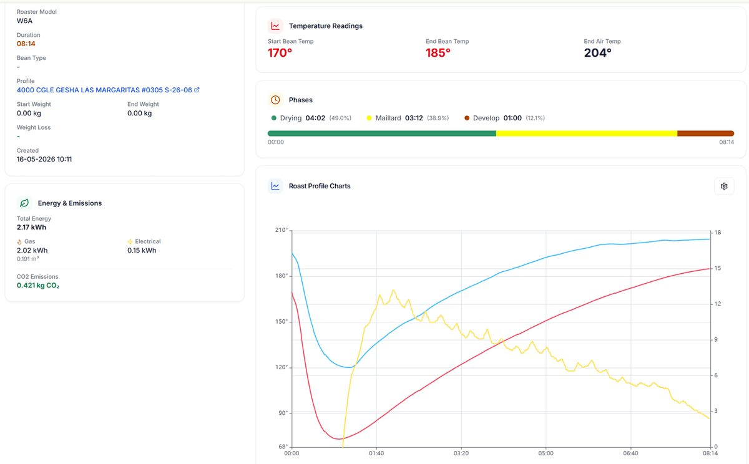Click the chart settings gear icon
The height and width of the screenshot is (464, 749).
(724, 186)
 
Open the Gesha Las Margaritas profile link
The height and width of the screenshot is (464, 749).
(108, 90)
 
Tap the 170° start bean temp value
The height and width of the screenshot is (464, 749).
(280, 53)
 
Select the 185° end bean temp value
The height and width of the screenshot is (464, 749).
(438, 53)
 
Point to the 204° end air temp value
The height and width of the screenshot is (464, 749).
(597, 53)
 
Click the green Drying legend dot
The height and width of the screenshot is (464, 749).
(274, 118)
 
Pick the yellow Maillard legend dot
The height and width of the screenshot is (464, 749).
(369, 118)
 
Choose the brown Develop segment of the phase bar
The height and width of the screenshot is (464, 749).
(705, 133)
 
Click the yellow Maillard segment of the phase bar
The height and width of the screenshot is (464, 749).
(587, 133)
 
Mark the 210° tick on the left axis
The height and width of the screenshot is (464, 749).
(281, 230)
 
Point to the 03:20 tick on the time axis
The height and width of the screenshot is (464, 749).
(461, 453)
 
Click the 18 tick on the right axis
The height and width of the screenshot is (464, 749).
(718, 233)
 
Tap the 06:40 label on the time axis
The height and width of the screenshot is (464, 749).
(630, 453)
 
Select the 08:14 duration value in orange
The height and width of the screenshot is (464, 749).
(26, 44)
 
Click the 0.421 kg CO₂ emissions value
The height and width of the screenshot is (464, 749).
(38, 285)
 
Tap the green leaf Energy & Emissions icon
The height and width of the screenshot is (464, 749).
(24, 203)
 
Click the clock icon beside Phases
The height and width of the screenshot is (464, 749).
(275, 100)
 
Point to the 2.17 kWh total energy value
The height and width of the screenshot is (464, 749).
(31, 227)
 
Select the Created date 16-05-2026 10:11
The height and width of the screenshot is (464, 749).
(44, 159)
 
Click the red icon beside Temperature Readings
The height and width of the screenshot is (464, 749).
(275, 26)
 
